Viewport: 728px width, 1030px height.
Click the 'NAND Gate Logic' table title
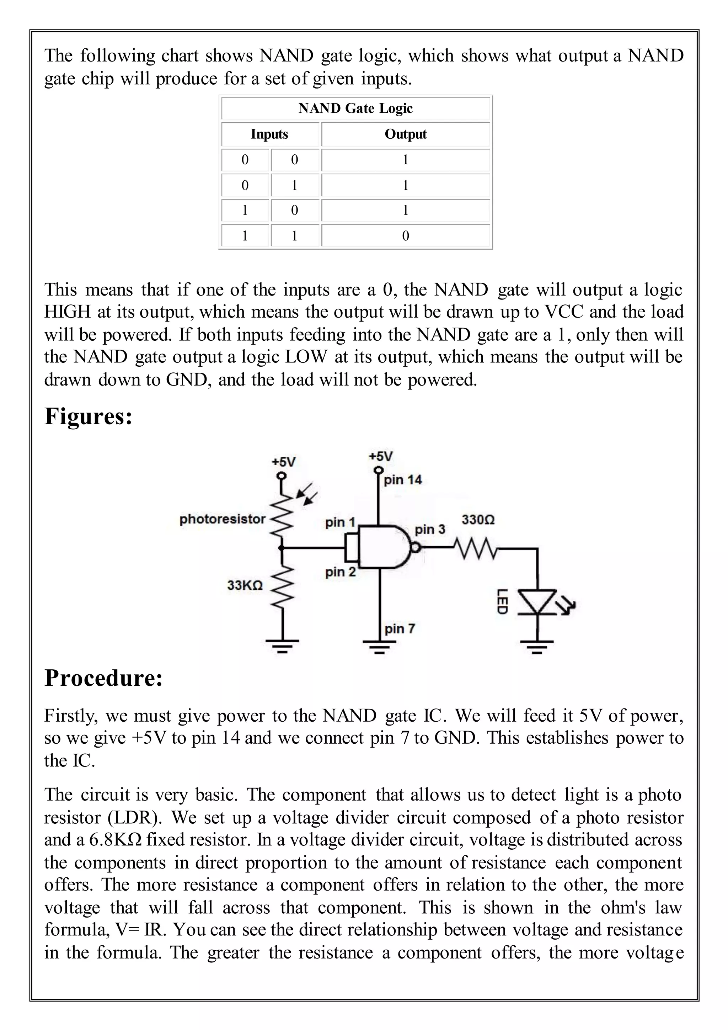pyautogui.click(x=355, y=108)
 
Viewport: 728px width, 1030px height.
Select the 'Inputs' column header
pyautogui.click(x=269, y=134)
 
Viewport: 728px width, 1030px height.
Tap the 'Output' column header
pyautogui.click(x=406, y=134)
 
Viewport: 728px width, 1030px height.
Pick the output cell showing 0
pyautogui.click(x=406, y=236)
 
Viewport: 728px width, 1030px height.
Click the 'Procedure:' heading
pyautogui.click(x=103, y=678)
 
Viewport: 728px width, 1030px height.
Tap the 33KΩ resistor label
pyautogui.click(x=245, y=585)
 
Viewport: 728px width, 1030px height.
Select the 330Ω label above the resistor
pyautogui.click(x=478, y=520)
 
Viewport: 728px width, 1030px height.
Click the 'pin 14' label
pyautogui.click(x=402, y=480)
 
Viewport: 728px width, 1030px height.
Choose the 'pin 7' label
pyautogui.click(x=400, y=628)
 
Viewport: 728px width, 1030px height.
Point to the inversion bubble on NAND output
pyautogui.click(x=416, y=547)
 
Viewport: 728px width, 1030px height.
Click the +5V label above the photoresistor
pyautogui.click(x=283, y=462)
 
